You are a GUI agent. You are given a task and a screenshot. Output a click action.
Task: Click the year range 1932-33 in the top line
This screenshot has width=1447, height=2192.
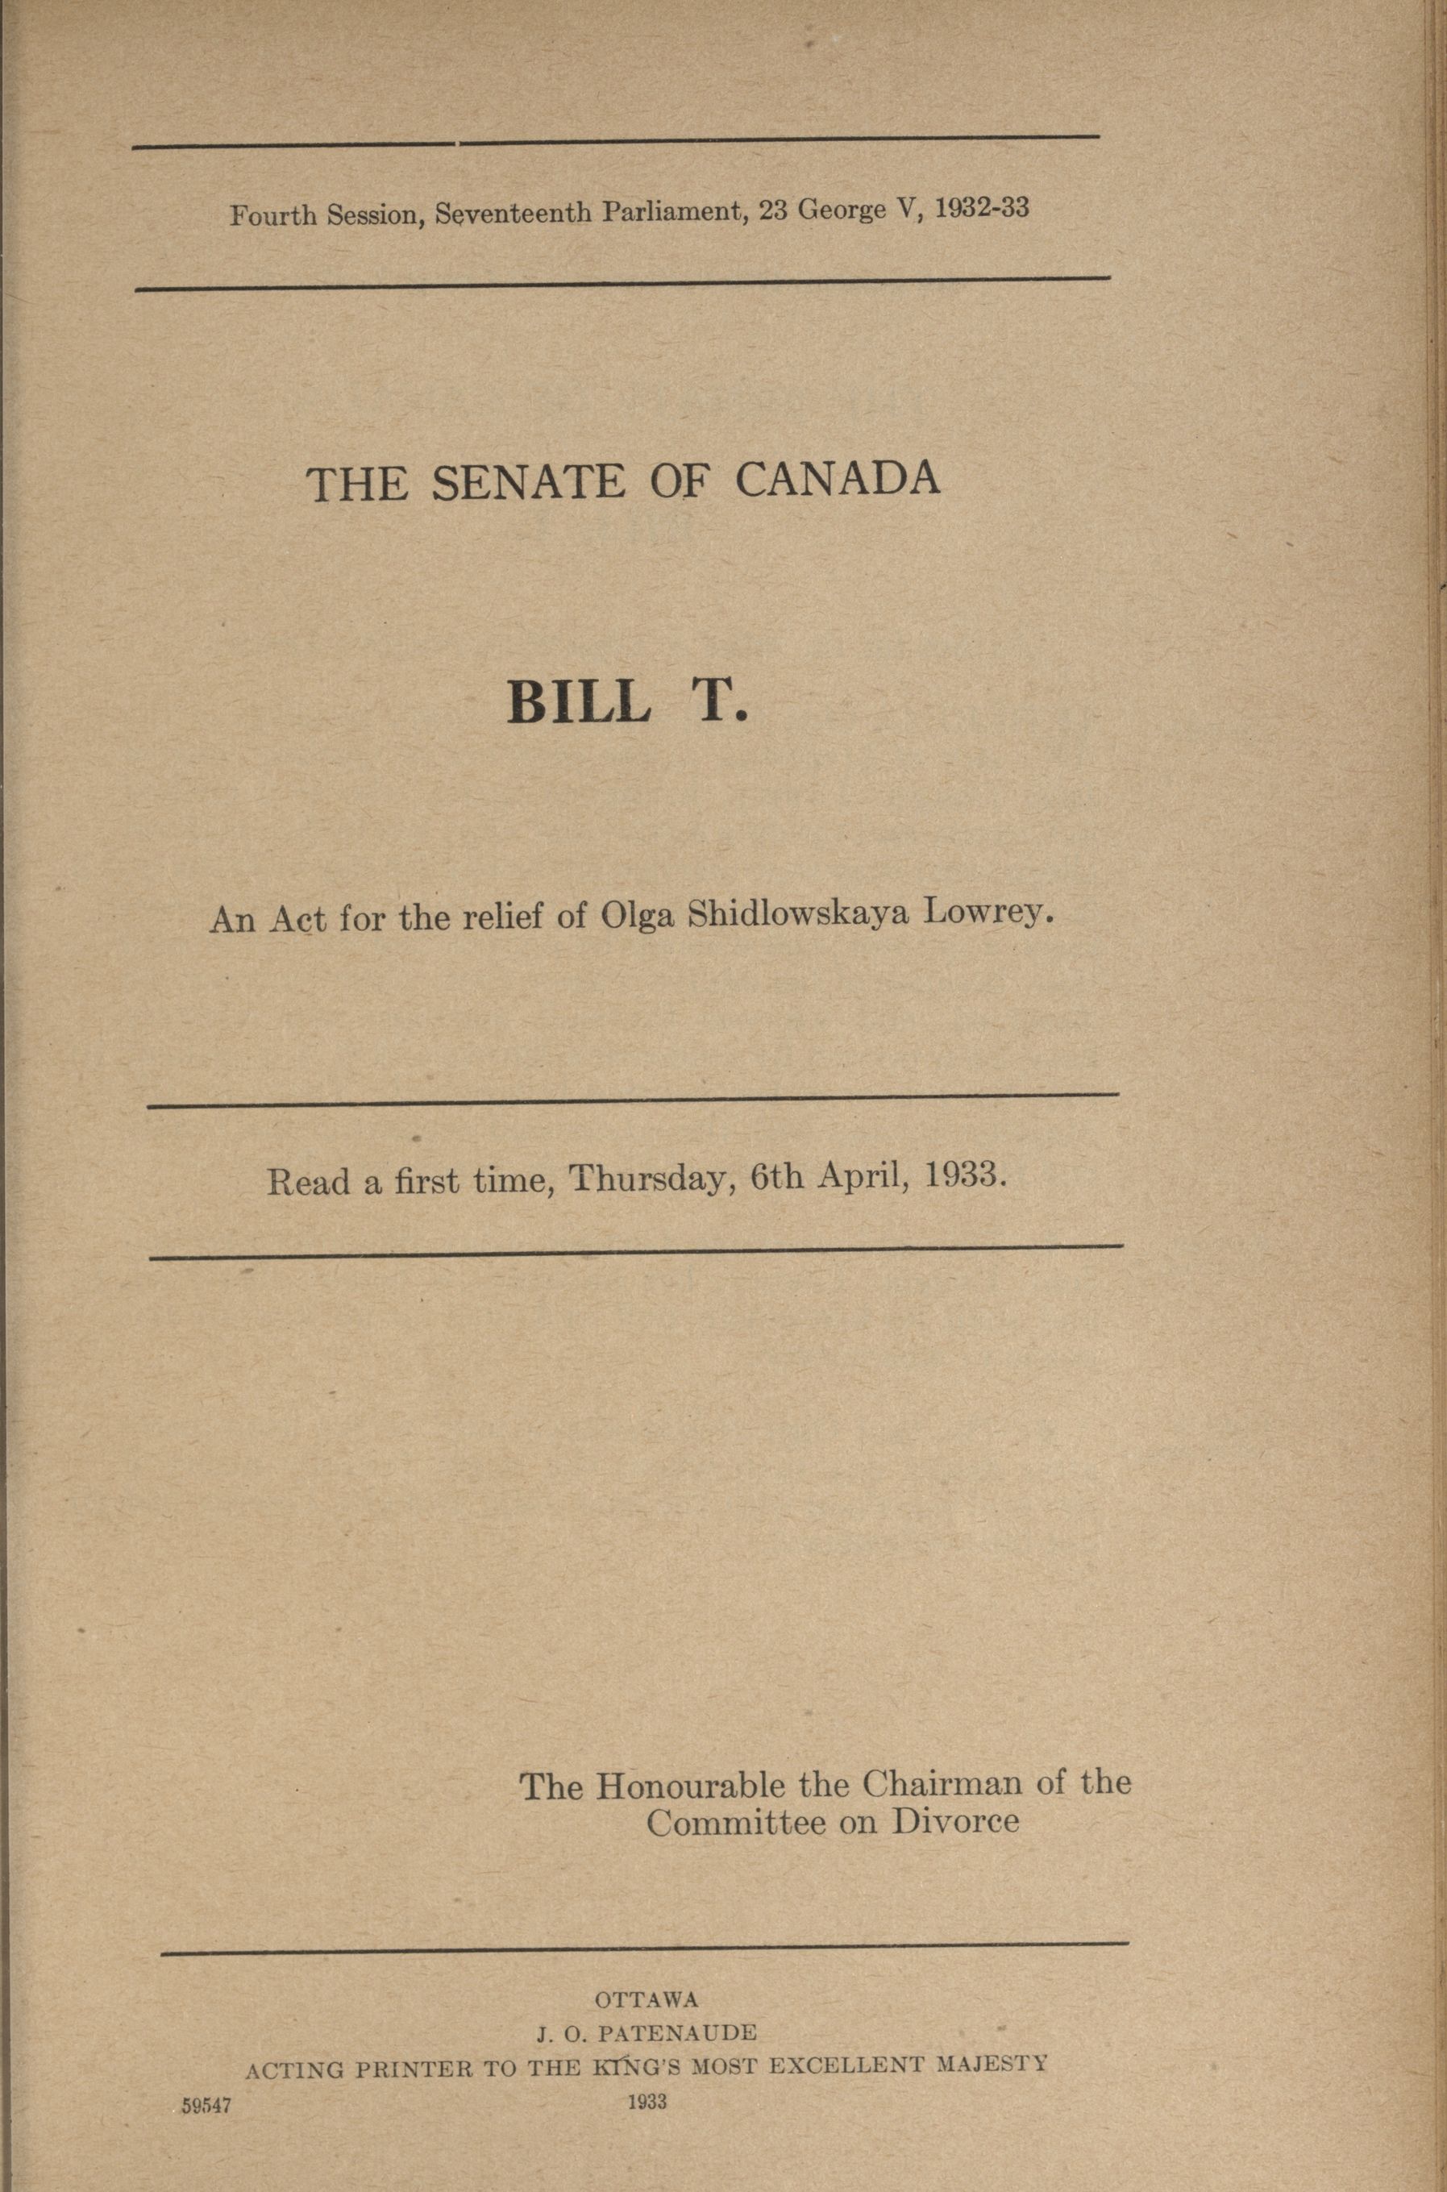click(981, 210)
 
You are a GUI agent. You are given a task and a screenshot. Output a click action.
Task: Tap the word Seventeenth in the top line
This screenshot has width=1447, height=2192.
click(514, 213)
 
